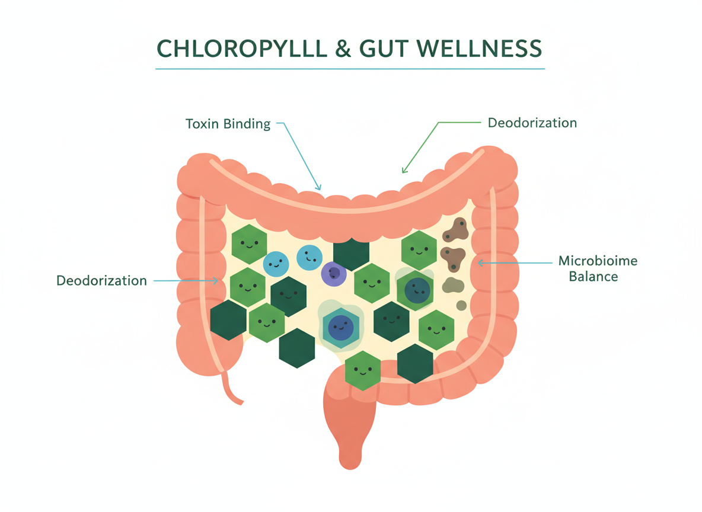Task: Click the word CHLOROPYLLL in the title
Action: pyautogui.click(x=242, y=48)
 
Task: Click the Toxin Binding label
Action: pyautogui.click(x=228, y=124)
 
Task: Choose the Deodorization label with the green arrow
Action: pyautogui.click(x=532, y=123)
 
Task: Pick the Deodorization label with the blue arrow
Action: pyautogui.click(x=101, y=280)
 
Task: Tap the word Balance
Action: pyautogui.click(x=593, y=276)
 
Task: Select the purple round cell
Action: pyautogui.click(x=334, y=274)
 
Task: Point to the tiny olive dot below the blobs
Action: pyautogui.click(x=461, y=305)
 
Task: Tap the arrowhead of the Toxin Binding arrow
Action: pyautogui.click(x=318, y=188)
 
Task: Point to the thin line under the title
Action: pyautogui.click(x=350, y=69)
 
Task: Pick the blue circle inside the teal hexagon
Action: pyautogui.click(x=340, y=327)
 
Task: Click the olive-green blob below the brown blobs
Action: pyautogui.click(x=452, y=285)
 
